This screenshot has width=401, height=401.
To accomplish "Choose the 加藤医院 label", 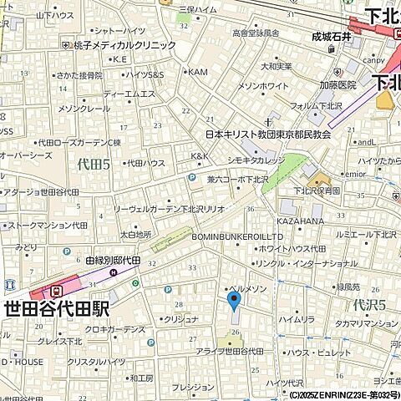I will click(338, 85).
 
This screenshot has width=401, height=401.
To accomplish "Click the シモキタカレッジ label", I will click(256, 160).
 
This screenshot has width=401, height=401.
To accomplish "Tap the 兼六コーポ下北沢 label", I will click(238, 179).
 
